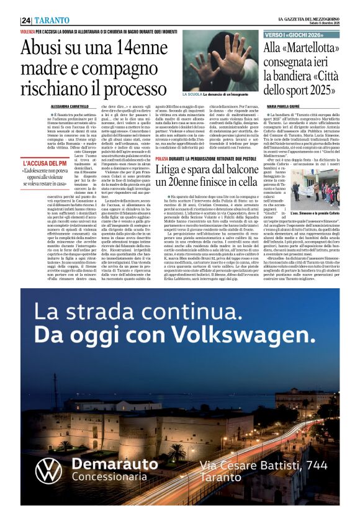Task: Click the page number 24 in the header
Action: tap(27, 19)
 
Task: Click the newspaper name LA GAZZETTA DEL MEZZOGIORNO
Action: tap(308, 18)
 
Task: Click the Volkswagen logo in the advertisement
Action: tap(49, 471)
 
